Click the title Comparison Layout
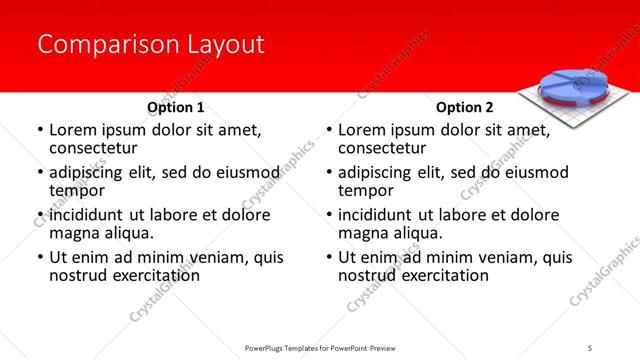point(151,45)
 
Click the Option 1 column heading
point(176,107)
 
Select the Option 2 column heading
point(465,107)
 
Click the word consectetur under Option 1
point(93,148)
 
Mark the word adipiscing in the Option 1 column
point(89,172)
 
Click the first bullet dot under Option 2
point(329,131)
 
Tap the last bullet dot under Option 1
point(40,258)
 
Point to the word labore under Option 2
point(468,215)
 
